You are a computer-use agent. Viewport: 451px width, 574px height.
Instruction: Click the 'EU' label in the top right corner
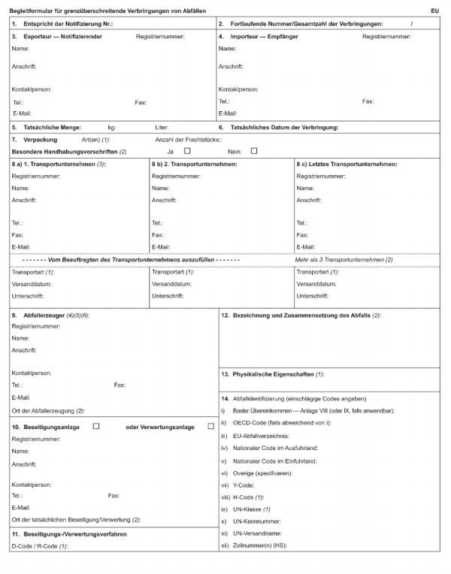[x=435, y=11]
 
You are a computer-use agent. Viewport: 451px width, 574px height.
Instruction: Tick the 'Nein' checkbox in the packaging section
[x=254, y=151]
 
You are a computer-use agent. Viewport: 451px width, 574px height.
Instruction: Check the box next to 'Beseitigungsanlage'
[x=95, y=426]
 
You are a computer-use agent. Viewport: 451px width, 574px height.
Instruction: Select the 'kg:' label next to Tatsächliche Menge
[x=112, y=128]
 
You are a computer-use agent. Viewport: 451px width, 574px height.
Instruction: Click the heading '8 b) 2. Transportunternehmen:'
[x=195, y=164]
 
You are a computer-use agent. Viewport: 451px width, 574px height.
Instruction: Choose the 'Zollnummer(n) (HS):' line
[x=263, y=545]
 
